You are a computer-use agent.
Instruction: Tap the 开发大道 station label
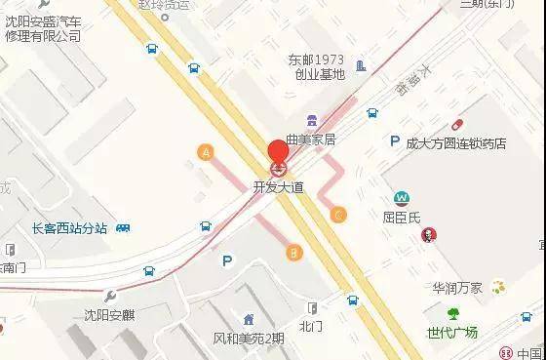[278, 186]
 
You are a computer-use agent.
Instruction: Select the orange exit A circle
[205, 151]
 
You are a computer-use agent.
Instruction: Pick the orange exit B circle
[292, 253]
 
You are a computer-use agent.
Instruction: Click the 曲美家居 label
[310, 140]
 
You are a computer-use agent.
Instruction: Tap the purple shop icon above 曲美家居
[310, 120]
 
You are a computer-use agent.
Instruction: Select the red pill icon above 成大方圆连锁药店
[457, 124]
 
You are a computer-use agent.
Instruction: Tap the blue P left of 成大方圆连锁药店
[395, 142]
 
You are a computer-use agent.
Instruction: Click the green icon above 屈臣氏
[400, 197]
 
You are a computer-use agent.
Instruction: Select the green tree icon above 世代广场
[452, 313]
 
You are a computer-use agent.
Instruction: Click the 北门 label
[310, 326]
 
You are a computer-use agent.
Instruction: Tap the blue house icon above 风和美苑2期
[249, 319]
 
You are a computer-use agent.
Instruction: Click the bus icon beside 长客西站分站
[123, 228]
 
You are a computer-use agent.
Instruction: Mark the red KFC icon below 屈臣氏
[427, 234]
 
